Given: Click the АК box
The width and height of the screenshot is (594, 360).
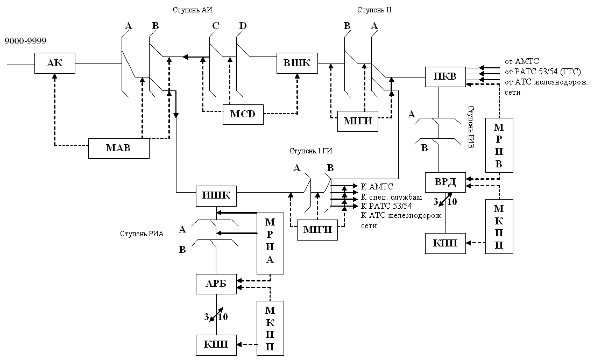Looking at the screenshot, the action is click(55, 63).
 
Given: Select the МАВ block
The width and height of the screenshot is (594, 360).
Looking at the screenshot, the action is click(118, 148).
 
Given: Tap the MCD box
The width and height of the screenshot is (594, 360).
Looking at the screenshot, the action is click(243, 114).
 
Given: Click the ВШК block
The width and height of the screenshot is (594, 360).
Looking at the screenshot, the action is click(297, 63).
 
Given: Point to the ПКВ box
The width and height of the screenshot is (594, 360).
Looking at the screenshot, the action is click(445, 77).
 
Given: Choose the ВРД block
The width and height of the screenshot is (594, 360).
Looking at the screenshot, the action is click(445, 182).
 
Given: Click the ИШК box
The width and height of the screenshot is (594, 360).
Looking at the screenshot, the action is click(216, 196).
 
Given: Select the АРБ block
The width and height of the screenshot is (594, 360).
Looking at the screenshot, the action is click(216, 284).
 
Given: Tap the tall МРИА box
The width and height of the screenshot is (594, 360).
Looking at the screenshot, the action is click(270, 243).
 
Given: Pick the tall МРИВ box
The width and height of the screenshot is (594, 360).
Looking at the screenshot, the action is click(499, 145).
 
